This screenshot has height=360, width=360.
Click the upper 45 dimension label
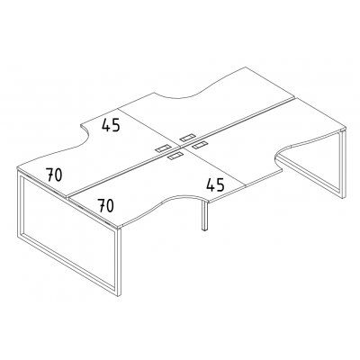coord(111,125)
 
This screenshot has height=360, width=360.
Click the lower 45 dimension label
coord(215,184)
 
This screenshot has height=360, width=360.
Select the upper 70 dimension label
coord(54,175)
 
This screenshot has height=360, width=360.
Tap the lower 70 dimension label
coord(106,205)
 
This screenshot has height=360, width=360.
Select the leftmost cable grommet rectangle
coord(163,148)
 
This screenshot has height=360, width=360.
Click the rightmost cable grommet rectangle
coord(200,145)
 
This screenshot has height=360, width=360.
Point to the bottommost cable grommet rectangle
coord(175,156)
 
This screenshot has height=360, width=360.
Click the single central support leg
coord(204,215)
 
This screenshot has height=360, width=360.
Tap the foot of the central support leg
coord(204,229)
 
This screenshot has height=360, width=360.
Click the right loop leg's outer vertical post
coord(344,166)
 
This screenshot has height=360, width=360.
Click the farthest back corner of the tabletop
coord(246,67)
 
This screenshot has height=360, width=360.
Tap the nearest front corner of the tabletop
coord(120,227)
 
